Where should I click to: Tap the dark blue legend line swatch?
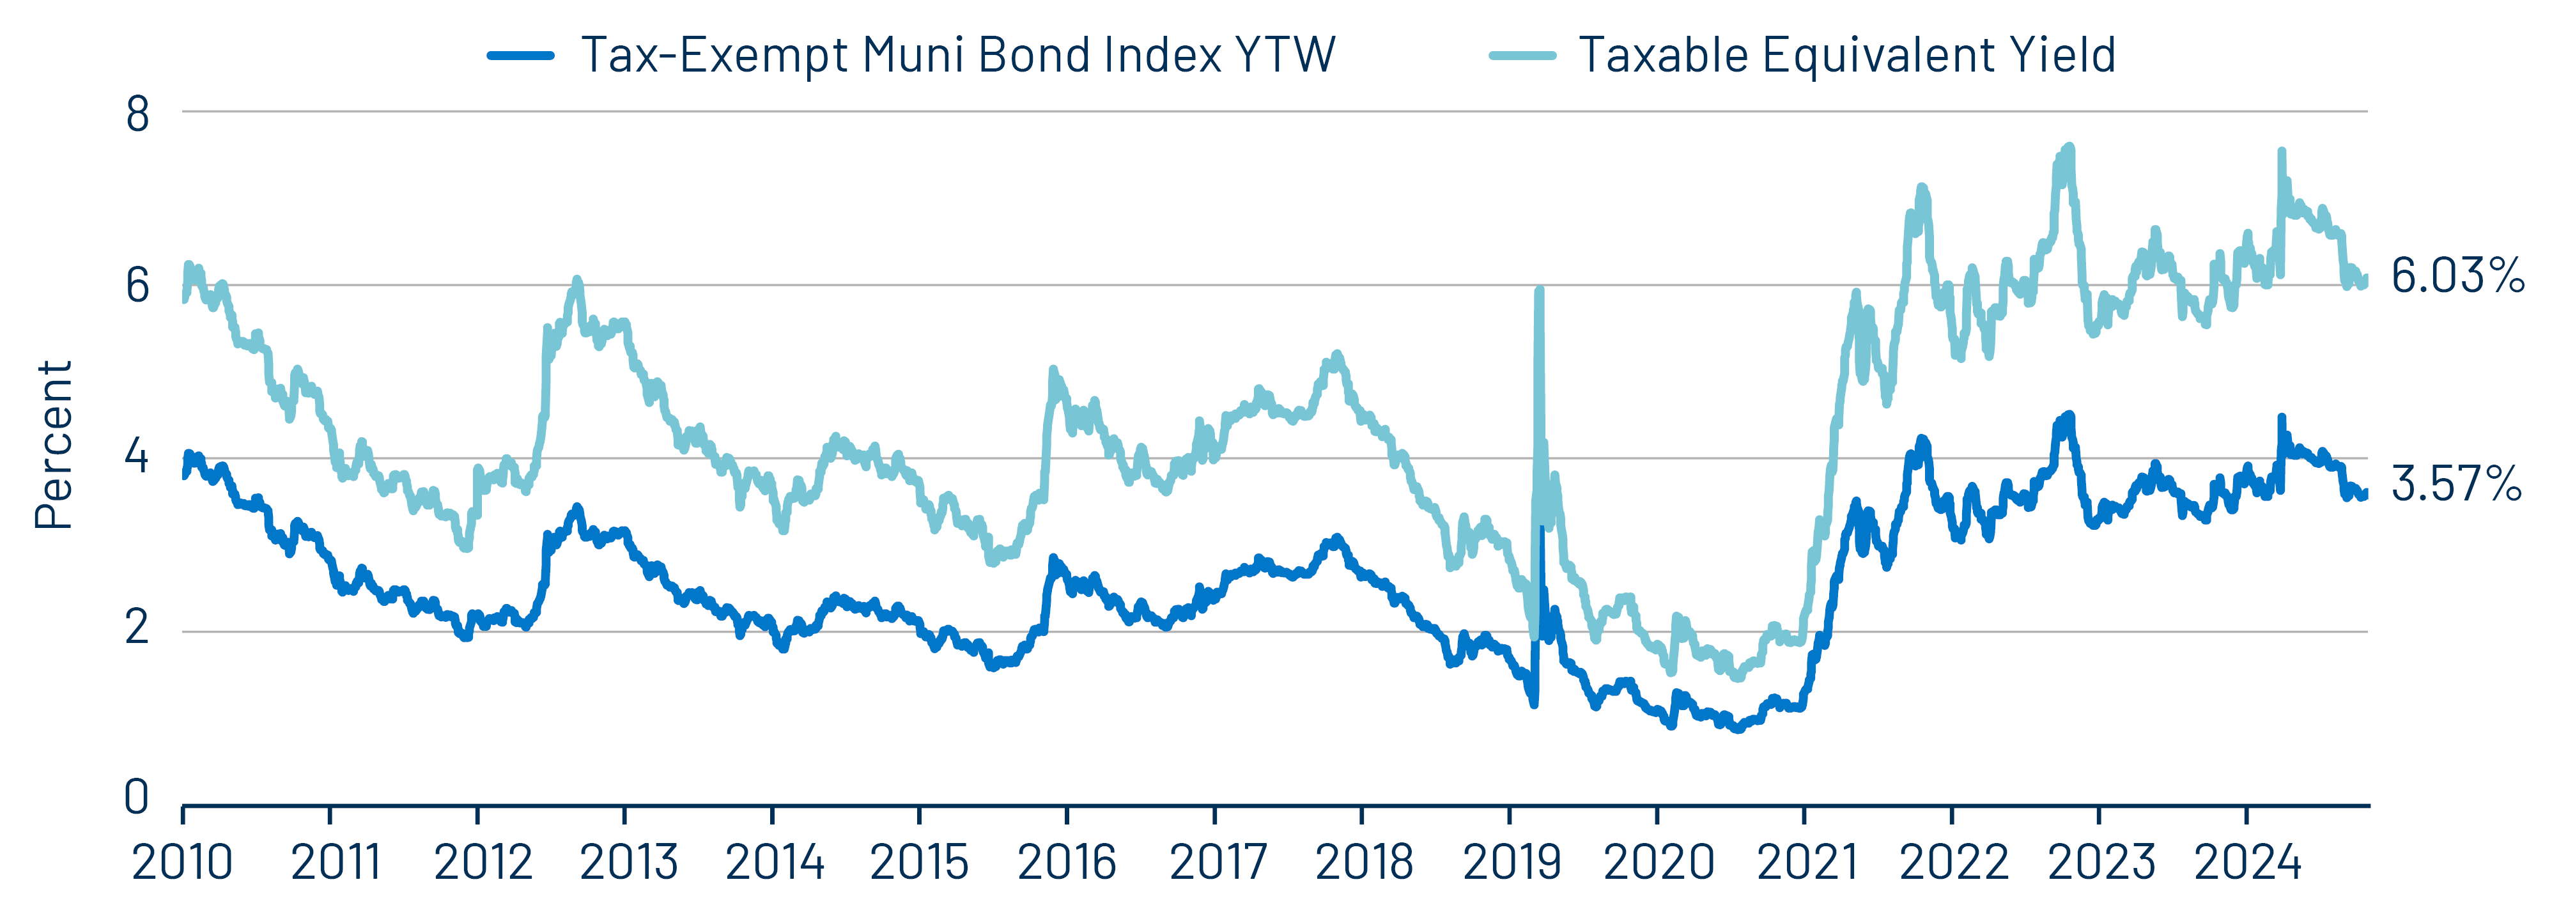point(520,56)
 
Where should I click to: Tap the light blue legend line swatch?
point(1522,56)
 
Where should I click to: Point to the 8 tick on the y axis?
point(137,115)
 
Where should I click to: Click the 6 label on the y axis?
point(137,286)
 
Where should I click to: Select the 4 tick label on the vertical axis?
point(137,458)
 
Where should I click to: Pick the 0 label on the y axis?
point(137,797)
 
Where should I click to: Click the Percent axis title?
point(54,445)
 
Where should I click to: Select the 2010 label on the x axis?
point(182,863)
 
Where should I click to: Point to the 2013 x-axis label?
point(628,863)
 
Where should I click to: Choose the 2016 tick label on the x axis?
point(1067,863)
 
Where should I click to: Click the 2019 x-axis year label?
point(1512,863)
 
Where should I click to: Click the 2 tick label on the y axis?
point(137,628)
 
